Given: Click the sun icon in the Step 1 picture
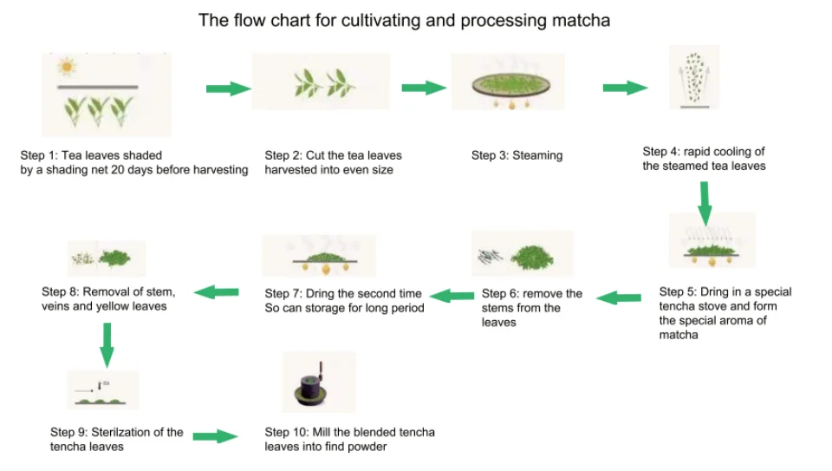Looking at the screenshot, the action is pyautogui.click(x=65, y=67).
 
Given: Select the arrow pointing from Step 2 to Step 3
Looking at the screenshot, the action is pyautogui.click(x=423, y=88).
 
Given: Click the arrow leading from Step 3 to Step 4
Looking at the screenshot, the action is pyautogui.click(x=625, y=88).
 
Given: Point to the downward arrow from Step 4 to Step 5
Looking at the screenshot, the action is pyautogui.click(x=705, y=203).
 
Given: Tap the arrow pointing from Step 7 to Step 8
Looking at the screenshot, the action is pyautogui.click(x=216, y=292).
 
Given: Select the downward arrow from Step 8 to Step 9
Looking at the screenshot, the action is pyautogui.click(x=107, y=343).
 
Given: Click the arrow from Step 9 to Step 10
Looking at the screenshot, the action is pyautogui.click(x=215, y=436).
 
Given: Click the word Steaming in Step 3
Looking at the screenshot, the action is pyautogui.click(x=537, y=155).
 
